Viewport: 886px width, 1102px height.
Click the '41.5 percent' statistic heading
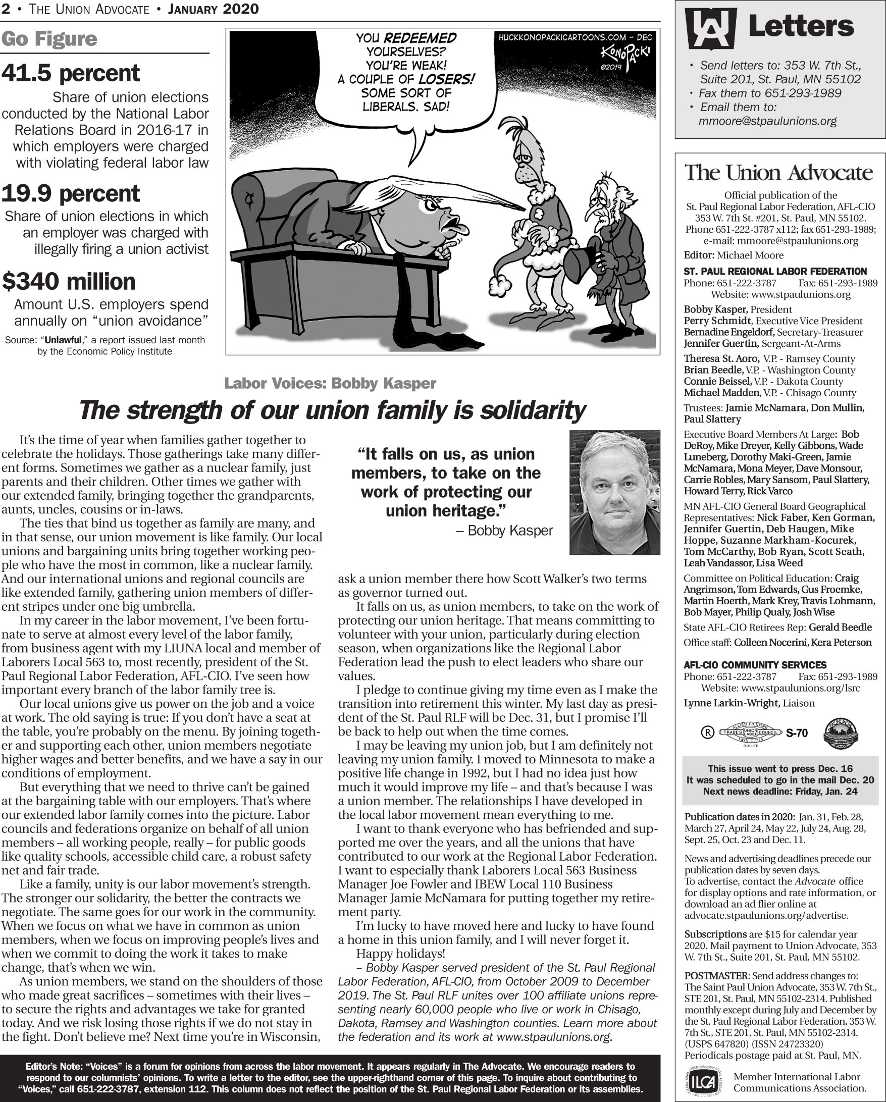tap(71, 73)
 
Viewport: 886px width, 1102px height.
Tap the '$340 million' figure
tap(69, 281)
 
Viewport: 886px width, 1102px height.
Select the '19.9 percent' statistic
tap(71, 193)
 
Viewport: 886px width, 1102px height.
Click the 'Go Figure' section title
tap(49, 39)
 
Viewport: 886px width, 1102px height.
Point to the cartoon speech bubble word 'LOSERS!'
tap(446, 79)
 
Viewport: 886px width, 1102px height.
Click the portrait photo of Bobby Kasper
tap(614, 492)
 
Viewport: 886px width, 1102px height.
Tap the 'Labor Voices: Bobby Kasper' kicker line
tap(330, 383)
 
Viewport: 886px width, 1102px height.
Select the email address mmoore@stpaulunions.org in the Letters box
tap(767, 121)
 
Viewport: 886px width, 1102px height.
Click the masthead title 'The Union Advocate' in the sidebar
tap(778, 172)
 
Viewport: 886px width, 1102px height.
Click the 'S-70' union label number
tap(797, 733)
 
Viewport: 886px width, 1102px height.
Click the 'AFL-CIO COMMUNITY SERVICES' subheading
tap(755, 665)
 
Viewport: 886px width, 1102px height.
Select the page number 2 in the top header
tap(5, 9)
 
